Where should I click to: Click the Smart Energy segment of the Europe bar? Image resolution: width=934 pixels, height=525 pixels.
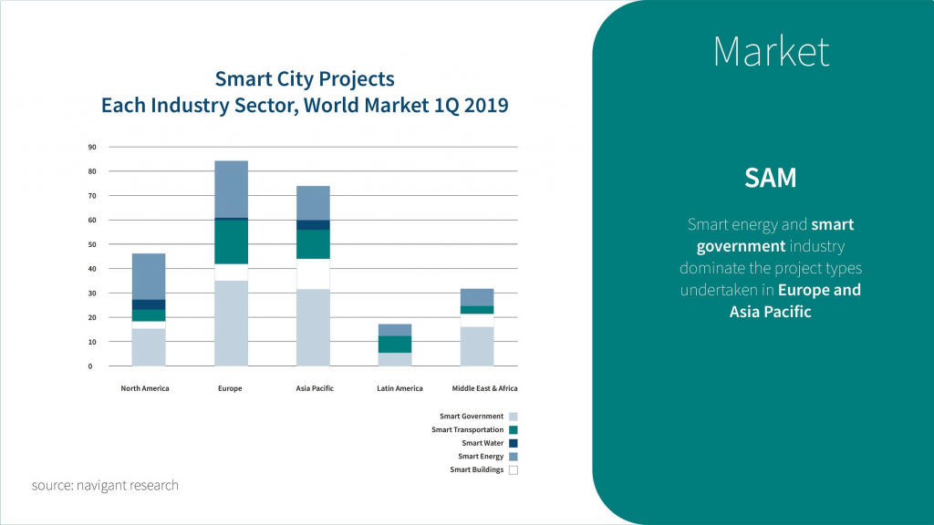click(x=231, y=189)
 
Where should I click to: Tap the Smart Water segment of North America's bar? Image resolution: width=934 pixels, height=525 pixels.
click(x=149, y=304)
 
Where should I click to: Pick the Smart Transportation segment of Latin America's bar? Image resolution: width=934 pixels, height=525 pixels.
click(x=395, y=344)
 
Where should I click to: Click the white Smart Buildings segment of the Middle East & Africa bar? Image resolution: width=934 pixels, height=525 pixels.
click(x=477, y=320)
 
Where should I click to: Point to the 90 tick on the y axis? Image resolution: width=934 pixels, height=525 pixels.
click(x=91, y=147)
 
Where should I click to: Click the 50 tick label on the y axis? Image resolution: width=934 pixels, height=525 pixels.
click(x=91, y=244)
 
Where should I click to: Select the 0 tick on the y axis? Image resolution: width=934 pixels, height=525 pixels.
click(x=90, y=366)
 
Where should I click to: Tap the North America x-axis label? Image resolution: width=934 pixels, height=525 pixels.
click(x=145, y=388)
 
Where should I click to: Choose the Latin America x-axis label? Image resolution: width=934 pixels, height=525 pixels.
click(x=400, y=388)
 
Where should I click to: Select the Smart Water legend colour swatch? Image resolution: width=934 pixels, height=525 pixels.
click(x=513, y=443)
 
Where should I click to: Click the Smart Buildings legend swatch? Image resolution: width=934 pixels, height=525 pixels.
click(x=513, y=470)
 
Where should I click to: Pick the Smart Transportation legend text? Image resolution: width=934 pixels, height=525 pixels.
click(x=467, y=429)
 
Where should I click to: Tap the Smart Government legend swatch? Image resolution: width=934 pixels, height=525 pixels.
click(x=513, y=417)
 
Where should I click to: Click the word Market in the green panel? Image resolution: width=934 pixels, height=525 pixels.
click(x=771, y=51)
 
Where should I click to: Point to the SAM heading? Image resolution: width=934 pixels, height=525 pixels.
click(x=771, y=178)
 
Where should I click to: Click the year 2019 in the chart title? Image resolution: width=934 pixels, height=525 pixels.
click(x=485, y=105)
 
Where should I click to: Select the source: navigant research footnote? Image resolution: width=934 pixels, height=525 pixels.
click(x=105, y=485)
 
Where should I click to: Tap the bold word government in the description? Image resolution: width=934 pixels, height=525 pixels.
click(x=741, y=246)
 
